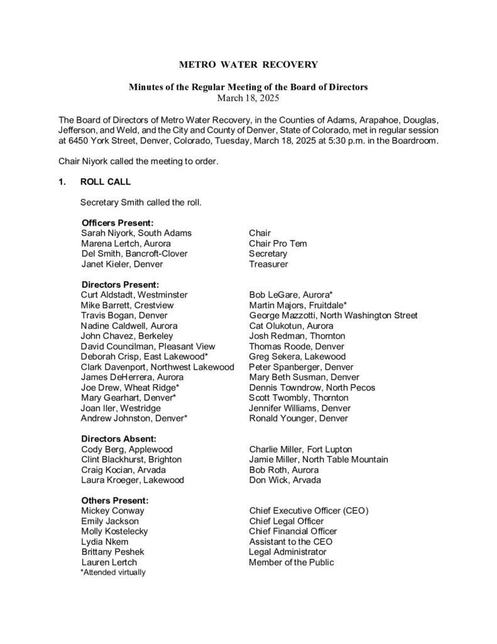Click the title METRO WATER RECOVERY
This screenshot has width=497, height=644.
point(248,64)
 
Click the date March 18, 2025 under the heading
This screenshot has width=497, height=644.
point(248,98)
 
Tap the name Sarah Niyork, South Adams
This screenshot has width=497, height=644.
point(136,233)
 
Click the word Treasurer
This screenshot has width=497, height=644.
point(268,264)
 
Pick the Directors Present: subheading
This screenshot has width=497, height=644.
point(120,284)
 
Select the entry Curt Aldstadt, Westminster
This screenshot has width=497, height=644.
point(134,294)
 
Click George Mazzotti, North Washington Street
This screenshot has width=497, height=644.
point(333,315)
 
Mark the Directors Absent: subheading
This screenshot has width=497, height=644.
point(119,438)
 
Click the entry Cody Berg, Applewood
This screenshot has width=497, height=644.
point(127,449)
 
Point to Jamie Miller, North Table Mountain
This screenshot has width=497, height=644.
point(319,460)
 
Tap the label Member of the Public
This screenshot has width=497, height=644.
point(292,562)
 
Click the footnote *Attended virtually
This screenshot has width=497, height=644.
point(113,572)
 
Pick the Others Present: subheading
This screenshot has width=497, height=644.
point(115,500)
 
